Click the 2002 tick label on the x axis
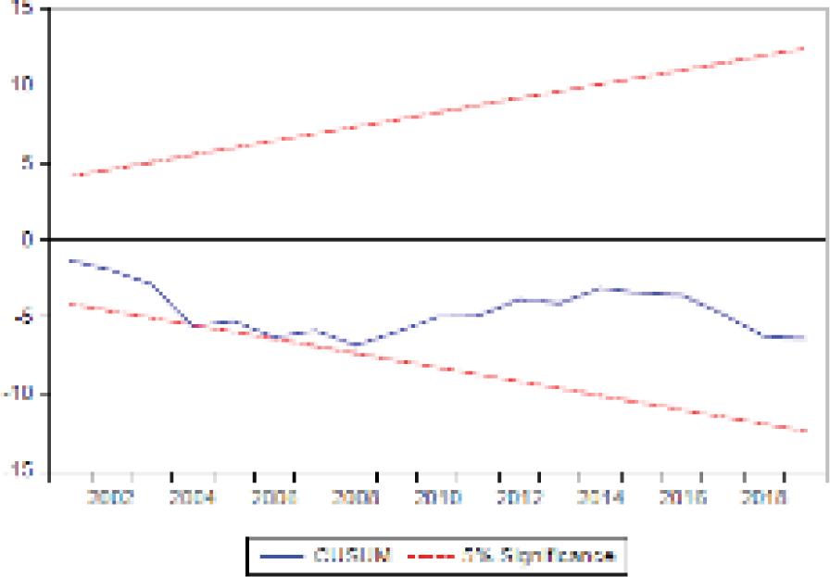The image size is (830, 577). click(112, 498)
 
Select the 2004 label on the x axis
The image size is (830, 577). click(193, 498)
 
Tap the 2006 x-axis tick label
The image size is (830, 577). click(274, 498)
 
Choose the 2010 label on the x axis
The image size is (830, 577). click(437, 498)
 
